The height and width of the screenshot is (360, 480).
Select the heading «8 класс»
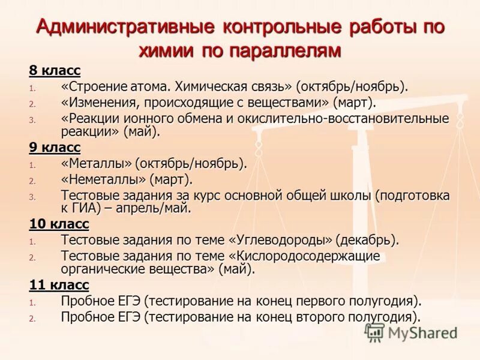55,71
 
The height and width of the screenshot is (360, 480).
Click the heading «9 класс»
55,148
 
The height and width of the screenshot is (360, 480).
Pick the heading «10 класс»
59,224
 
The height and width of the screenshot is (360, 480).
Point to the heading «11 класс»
59,284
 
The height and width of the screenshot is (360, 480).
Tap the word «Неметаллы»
104,179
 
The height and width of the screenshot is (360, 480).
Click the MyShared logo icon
374,332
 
